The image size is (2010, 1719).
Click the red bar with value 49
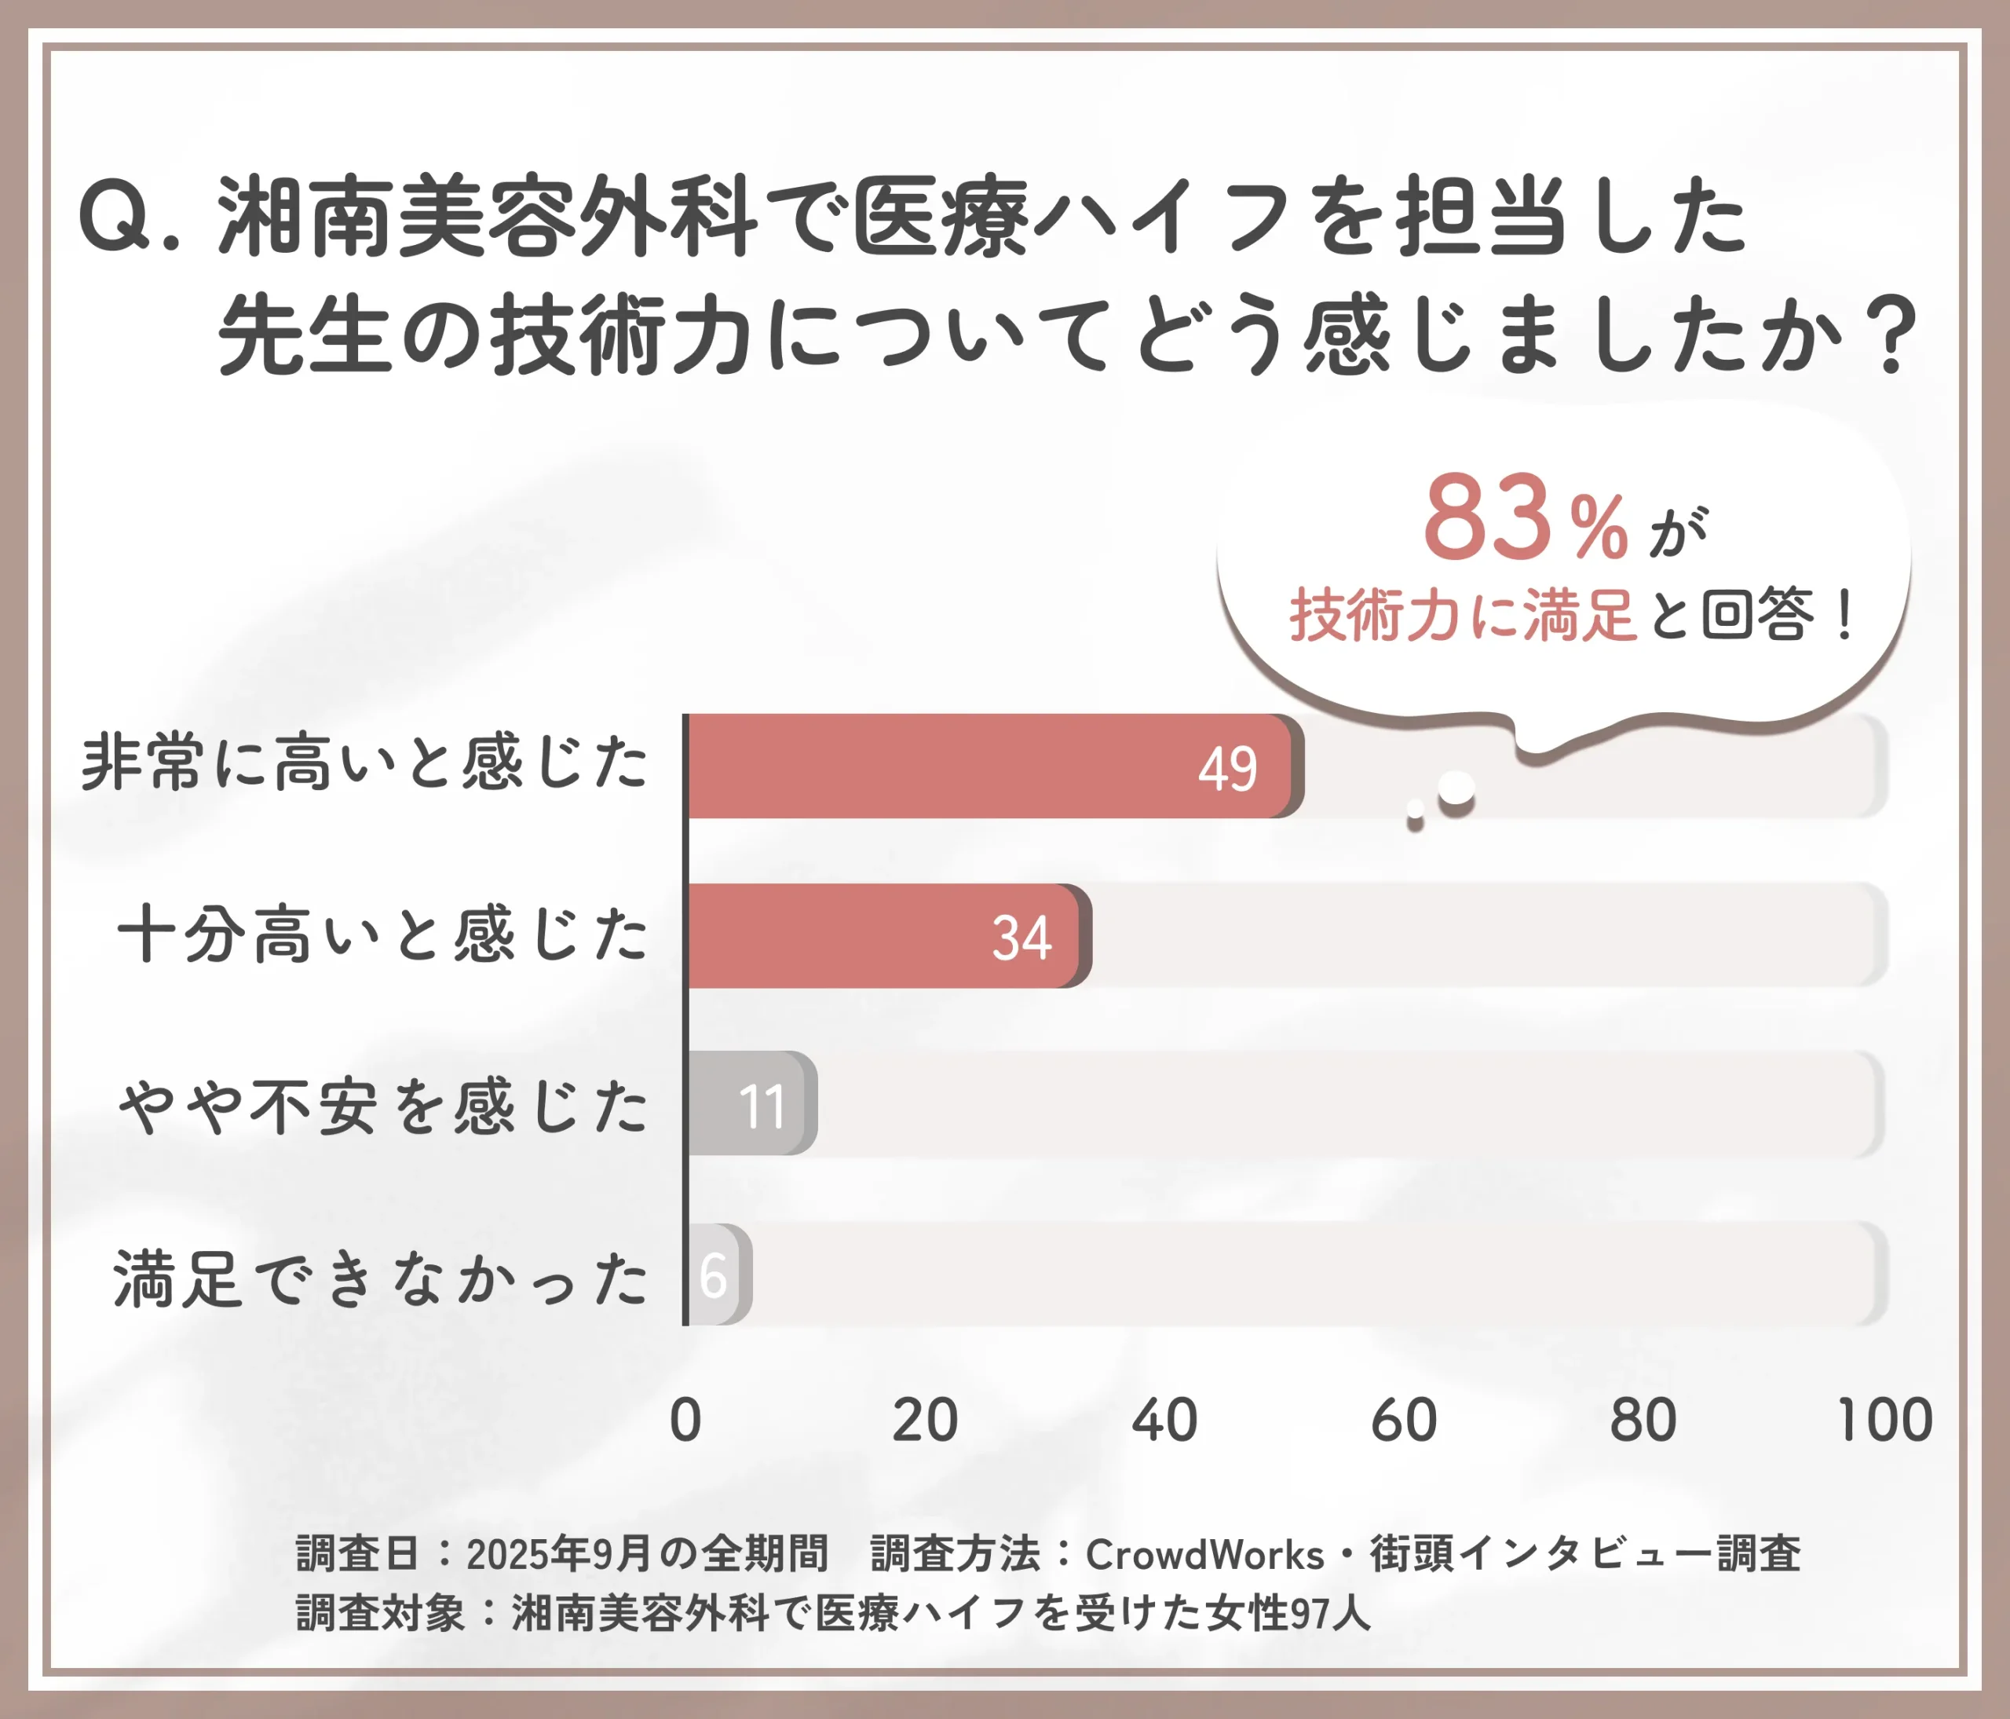[989, 766]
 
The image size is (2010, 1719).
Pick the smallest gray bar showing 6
[716, 1275]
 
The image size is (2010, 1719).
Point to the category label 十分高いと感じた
[382, 934]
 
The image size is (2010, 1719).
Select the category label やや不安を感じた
[382, 1106]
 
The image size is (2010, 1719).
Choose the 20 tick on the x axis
[924, 1421]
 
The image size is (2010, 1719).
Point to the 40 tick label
[1164, 1421]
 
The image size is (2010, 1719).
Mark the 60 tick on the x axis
[1404, 1421]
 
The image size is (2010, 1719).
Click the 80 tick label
[1643, 1421]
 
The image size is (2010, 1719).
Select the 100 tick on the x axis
[1884, 1421]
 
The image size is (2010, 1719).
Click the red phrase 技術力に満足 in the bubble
[1463, 616]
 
